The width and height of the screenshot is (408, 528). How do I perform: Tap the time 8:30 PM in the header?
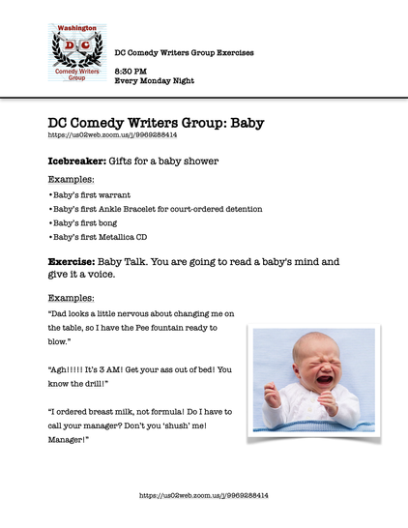pyautogui.click(x=131, y=72)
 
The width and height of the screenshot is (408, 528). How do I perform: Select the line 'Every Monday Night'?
pyautogui.click(x=155, y=81)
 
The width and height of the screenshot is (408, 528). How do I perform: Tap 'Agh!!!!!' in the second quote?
pyautogui.click(x=68, y=370)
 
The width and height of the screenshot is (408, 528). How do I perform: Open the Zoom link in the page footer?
pyautogui.click(x=204, y=495)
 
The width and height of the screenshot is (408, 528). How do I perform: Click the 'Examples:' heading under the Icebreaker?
pyautogui.click(x=72, y=180)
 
